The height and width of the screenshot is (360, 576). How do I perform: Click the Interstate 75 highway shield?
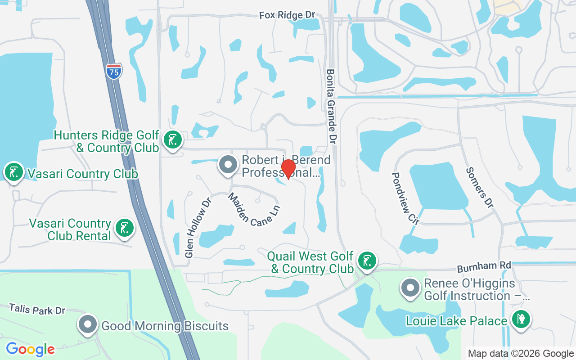click(x=114, y=72)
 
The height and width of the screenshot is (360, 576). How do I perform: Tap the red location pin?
click(x=288, y=169)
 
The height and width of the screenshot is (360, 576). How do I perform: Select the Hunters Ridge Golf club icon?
click(x=172, y=140)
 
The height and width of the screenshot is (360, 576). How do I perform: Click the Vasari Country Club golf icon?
click(x=14, y=172)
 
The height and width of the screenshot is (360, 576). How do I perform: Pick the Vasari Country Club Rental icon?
click(x=124, y=228)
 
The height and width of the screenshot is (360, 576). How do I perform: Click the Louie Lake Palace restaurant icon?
click(x=521, y=320)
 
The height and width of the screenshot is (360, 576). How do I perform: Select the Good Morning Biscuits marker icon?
click(x=88, y=324)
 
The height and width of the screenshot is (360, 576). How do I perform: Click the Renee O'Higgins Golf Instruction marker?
click(x=410, y=288)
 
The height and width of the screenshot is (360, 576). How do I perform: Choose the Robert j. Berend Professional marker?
click(x=228, y=165)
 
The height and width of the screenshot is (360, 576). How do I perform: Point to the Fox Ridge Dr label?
click(x=287, y=15)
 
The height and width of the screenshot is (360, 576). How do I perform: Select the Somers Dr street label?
click(x=480, y=187)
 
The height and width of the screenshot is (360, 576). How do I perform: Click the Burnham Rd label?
click(x=484, y=267)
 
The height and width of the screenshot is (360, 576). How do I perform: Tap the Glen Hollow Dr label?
click(x=198, y=228)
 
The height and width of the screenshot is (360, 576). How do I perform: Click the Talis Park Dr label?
click(x=37, y=309)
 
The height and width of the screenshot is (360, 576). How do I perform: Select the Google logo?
click(x=30, y=349)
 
